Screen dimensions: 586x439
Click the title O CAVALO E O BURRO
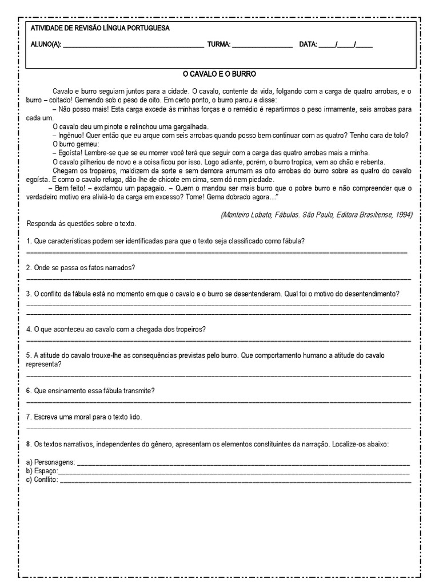[x=219, y=74]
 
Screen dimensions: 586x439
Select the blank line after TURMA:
[x=262, y=45]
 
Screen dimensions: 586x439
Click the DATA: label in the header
[x=308, y=44]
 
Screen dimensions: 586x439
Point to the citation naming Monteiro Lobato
[x=316, y=214]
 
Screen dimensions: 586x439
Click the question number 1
[x=29, y=241]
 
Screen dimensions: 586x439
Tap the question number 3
[x=29, y=294]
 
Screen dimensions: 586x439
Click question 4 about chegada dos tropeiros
[x=116, y=329]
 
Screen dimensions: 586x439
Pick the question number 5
[x=29, y=355]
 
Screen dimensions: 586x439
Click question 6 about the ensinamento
[x=91, y=390]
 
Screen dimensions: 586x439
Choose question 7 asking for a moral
[x=84, y=417]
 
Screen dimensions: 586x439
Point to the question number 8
[x=29, y=444]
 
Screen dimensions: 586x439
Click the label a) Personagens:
[x=50, y=462]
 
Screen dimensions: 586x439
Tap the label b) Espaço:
[x=42, y=470]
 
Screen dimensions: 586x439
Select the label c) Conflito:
[x=42, y=480]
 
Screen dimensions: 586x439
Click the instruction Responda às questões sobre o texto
[x=82, y=223]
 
